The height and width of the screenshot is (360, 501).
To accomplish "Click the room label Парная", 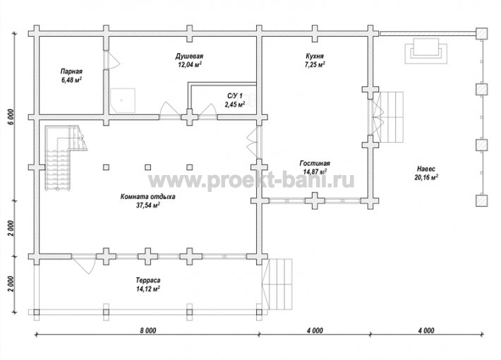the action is click(71, 71).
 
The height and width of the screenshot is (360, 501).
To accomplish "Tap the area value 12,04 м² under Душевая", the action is click(190, 64).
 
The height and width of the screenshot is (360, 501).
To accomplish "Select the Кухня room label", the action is click(315, 56).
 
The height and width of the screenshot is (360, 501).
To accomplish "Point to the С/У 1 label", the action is click(235, 95).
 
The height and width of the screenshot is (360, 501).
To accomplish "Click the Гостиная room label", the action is click(315, 163).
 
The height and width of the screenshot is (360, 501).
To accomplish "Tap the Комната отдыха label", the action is click(147, 197).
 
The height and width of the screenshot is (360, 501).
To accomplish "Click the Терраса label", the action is click(148, 280).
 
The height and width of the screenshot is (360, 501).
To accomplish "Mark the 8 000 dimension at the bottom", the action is click(148, 330).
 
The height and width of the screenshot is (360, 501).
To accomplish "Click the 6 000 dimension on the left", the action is click(11, 118).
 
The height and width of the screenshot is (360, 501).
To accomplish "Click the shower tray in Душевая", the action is click(123, 100).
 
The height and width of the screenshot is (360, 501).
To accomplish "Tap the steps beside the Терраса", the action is click(277, 284).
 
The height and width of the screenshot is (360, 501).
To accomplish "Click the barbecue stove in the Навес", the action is click(426, 51).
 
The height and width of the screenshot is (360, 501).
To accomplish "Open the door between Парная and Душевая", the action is click(111, 60).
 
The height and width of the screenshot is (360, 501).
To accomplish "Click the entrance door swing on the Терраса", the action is click(83, 264).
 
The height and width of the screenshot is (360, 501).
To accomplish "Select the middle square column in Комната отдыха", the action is click(148, 167).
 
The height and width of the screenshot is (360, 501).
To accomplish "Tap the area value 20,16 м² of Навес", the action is click(426, 177).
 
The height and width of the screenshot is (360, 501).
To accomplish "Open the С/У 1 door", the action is click(207, 111).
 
